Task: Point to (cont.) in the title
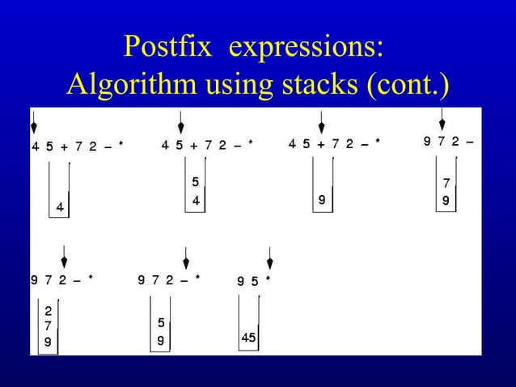coord(408,83)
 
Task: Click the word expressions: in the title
coord(306,48)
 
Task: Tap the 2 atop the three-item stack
coord(49,311)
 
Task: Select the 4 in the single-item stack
coord(59,208)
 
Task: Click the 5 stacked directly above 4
coord(195,182)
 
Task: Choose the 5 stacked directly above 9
coord(162,323)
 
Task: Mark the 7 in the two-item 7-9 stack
coord(446,184)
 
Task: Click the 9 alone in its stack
coord(321,198)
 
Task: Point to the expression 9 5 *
coord(253,282)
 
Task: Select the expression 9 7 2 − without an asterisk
coord(449,142)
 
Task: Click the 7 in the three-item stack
coord(49,325)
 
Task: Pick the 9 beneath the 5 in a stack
coord(162,341)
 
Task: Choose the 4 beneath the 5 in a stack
coord(195,199)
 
